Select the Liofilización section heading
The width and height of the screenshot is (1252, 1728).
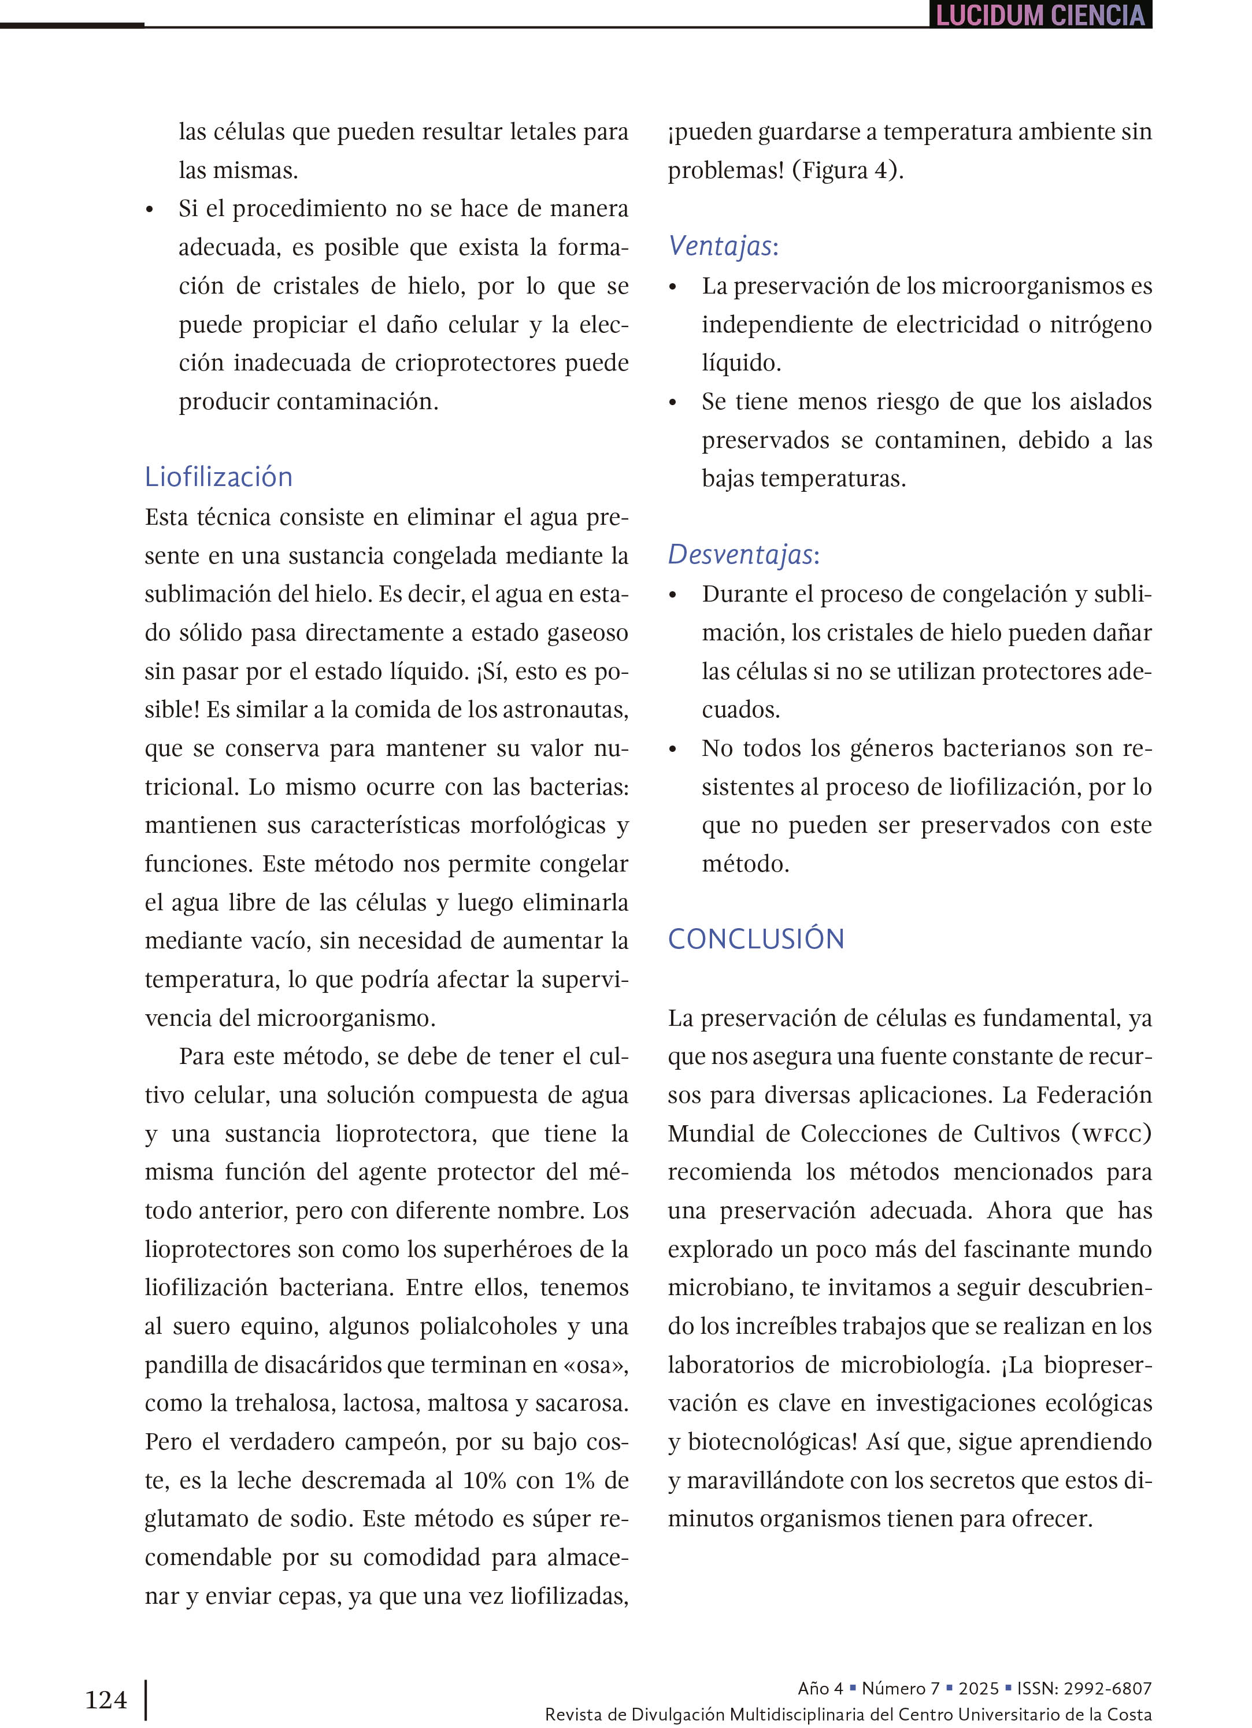click(218, 477)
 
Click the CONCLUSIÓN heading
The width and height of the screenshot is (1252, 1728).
click(756, 939)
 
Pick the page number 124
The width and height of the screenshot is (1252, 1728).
click(106, 1700)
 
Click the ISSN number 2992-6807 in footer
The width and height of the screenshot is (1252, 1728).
click(1106, 1688)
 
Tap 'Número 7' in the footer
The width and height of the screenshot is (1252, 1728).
click(900, 1688)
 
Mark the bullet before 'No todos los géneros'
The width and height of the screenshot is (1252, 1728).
click(673, 750)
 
